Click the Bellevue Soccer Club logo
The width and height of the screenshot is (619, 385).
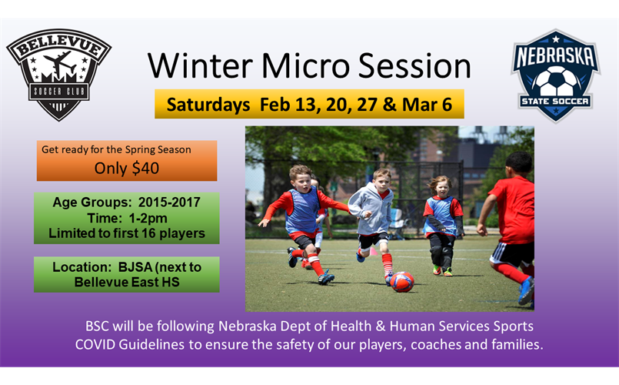click(58, 75)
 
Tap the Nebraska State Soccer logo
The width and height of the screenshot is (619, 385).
click(555, 75)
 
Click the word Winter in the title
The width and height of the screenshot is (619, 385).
click(200, 65)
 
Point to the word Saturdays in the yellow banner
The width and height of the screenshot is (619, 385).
click(208, 105)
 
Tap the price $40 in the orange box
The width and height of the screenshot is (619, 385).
click(145, 169)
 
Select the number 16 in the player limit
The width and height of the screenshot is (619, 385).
click(148, 233)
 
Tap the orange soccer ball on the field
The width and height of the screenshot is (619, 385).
click(402, 282)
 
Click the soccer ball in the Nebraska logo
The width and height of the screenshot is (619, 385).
click(556, 82)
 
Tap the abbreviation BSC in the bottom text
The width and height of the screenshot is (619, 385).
click(97, 326)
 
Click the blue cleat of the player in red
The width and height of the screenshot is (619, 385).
click(526, 290)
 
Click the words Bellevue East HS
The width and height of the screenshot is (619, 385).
click(127, 283)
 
